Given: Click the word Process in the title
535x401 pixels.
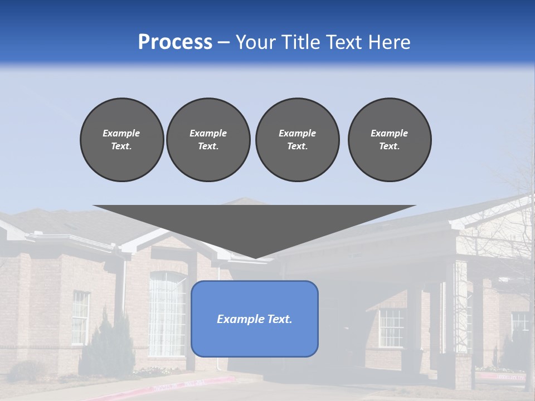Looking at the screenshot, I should click(x=175, y=42).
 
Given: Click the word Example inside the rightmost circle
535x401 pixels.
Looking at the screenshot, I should click(x=389, y=133).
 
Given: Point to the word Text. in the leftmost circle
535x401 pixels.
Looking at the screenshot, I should click(x=121, y=146).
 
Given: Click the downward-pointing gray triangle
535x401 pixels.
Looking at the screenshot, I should click(x=254, y=226).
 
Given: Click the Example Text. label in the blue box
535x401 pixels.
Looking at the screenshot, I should click(x=255, y=319).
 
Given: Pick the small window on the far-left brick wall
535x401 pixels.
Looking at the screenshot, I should click(x=80, y=317).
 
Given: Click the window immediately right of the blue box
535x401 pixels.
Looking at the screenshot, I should click(x=391, y=327).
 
